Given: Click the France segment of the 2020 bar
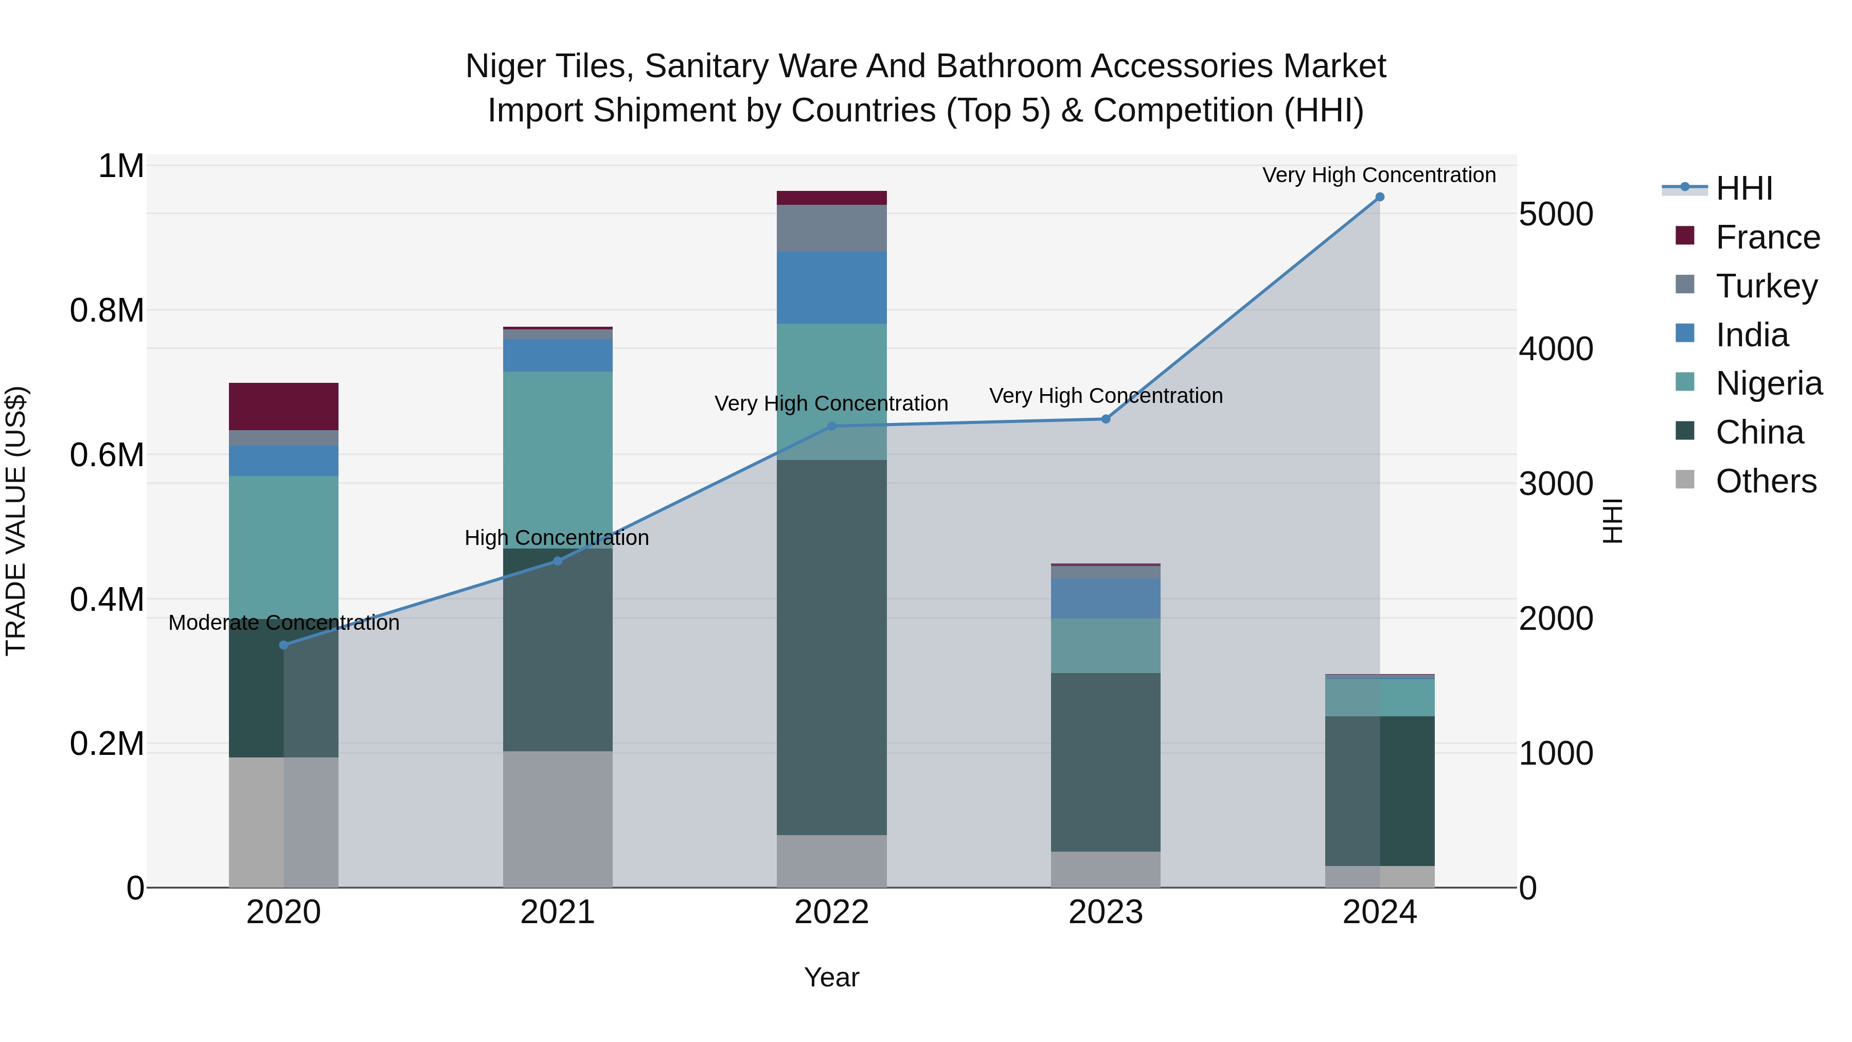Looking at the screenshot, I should click(283, 407).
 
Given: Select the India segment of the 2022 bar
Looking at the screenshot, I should click(831, 288).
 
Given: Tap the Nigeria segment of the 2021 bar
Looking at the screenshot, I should click(557, 460).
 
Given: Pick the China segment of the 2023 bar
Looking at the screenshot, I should click(1105, 762).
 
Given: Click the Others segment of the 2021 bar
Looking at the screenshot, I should click(557, 819).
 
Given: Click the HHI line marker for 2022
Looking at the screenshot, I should click(831, 427).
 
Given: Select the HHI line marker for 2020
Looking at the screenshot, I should click(283, 645).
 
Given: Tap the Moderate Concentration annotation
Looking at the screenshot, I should click(283, 623).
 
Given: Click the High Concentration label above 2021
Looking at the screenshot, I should click(557, 538).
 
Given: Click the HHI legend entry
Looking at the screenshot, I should click(1743, 188).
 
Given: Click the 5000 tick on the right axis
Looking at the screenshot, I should click(1556, 214).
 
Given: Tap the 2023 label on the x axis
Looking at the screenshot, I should click(1105, 912).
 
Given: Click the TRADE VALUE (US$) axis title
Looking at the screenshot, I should click(16, 521).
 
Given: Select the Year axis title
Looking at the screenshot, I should click(831, 977).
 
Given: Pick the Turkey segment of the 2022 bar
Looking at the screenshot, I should click(831, 228).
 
